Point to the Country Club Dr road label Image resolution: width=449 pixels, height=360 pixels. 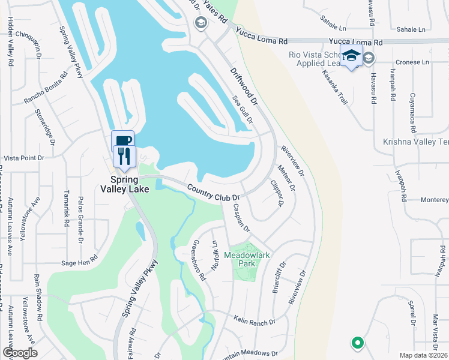[x=213, y=193]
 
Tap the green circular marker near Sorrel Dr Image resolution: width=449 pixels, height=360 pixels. [x=357, y=343]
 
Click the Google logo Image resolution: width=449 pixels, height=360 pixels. [x=20, y=353]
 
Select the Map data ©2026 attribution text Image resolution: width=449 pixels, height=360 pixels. [x=423, y=355]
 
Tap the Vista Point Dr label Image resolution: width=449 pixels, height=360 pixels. [x=24, y=158]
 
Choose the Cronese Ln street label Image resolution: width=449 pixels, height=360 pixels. [x=414, y=62]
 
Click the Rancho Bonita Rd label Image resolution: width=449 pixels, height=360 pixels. [x=46, y=88]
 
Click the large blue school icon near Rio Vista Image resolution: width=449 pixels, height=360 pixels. [x=351, y=56]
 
